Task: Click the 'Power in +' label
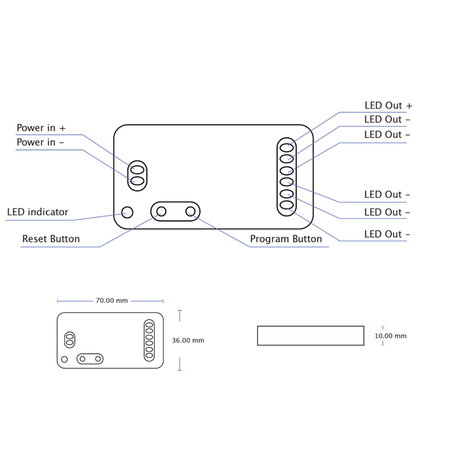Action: (41, 128)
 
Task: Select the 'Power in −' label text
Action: (40, 142)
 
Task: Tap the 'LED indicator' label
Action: (38, 212)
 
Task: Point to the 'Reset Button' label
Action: (51, 239)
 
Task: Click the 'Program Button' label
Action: (286, 239)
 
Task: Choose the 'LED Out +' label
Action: (388, 106)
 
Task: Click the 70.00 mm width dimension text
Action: (111, 301)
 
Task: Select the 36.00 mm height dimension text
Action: (188, 340)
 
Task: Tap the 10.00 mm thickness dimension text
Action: (390, 336)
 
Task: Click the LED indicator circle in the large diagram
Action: (127, 212)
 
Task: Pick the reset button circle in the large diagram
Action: (161, 211)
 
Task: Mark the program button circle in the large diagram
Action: (191, 211)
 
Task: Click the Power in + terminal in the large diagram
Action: (137, 170)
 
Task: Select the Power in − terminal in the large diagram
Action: (137, 181)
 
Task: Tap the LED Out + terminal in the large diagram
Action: (287, 147)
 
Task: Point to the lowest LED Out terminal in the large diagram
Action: (287, 205)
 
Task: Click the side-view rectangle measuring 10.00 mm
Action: (310, 336)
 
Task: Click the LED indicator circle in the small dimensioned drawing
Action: (64, 359)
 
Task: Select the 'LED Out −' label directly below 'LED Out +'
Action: (387, 120)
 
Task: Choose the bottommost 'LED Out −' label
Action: (387, 234)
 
